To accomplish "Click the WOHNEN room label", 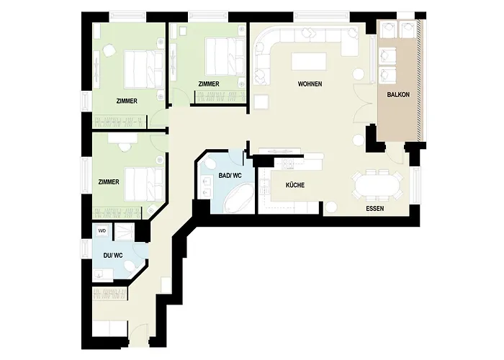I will (x=310, y=85).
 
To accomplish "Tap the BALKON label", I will (x=398, y=95).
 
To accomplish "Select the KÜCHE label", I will (x=295, y=186).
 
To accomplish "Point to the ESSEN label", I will (x=374, y=209).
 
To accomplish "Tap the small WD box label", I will (x=102, y=231).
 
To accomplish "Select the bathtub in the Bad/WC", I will (x=235, y=197).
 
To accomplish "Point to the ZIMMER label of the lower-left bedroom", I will (x=108, y=182).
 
